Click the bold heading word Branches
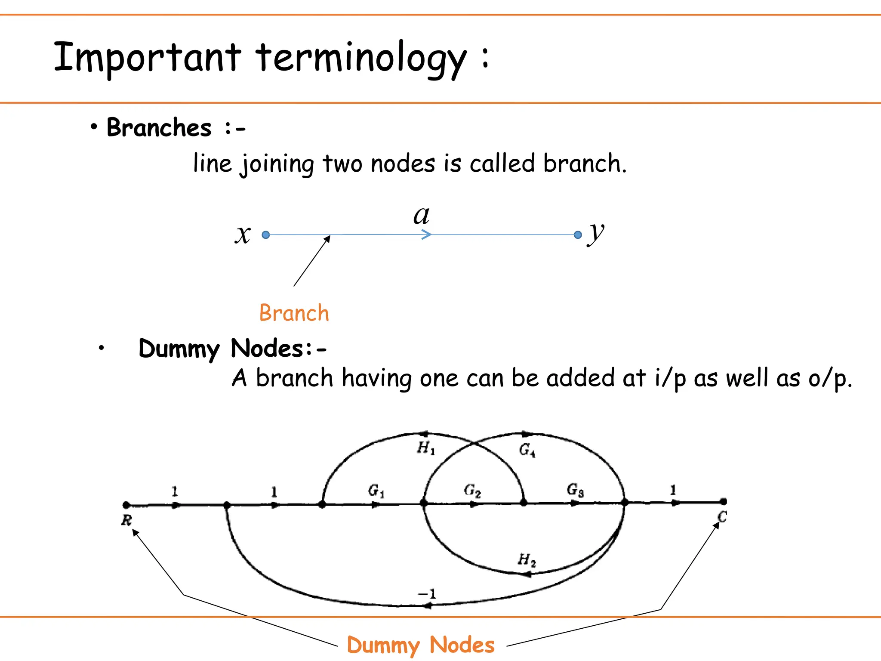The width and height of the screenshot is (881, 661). (159, 128)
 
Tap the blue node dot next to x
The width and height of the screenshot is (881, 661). (266, 235)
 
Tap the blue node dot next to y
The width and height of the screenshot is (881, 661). (578, 235)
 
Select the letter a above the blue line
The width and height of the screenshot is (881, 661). (421, 216)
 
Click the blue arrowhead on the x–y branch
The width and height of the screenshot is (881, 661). (426, 235)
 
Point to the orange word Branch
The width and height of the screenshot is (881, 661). (294, 313)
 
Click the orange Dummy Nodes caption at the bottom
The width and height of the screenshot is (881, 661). (420, 645)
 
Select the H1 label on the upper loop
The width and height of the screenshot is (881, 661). (426, 448)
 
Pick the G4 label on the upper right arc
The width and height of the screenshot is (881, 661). (527, 450)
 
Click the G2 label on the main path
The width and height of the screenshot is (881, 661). (472, 490)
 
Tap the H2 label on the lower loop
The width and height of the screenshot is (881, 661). (527, 560)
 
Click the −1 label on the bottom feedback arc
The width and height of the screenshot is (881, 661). (427, 594)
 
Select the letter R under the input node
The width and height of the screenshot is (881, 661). (126, 520)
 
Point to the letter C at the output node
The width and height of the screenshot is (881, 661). (722, 517)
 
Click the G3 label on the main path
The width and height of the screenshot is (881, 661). (575, 490)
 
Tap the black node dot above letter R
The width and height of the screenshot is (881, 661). (126, 505)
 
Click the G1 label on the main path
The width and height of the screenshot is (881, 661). (376, 491)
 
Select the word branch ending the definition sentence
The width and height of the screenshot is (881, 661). (582, 164)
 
